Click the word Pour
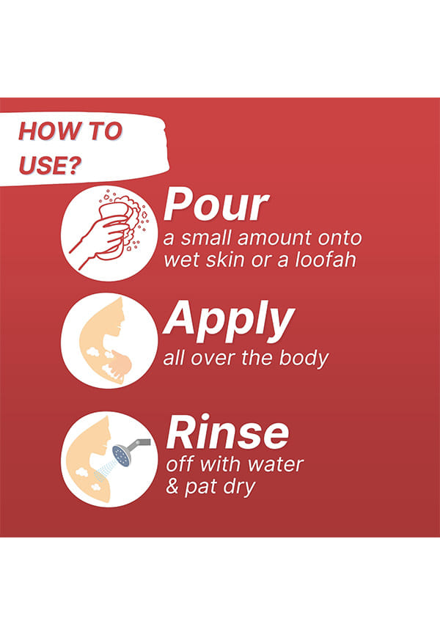click(x=216, y=205)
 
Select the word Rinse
click(x=227, y=432)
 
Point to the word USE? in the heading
click(x=50, y=165)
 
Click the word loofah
click(x=325, y=259)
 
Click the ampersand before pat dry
click(x=172, y=486)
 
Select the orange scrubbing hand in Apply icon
click(x=120, y=363)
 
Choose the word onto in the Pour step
click(x=340, y=238)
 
